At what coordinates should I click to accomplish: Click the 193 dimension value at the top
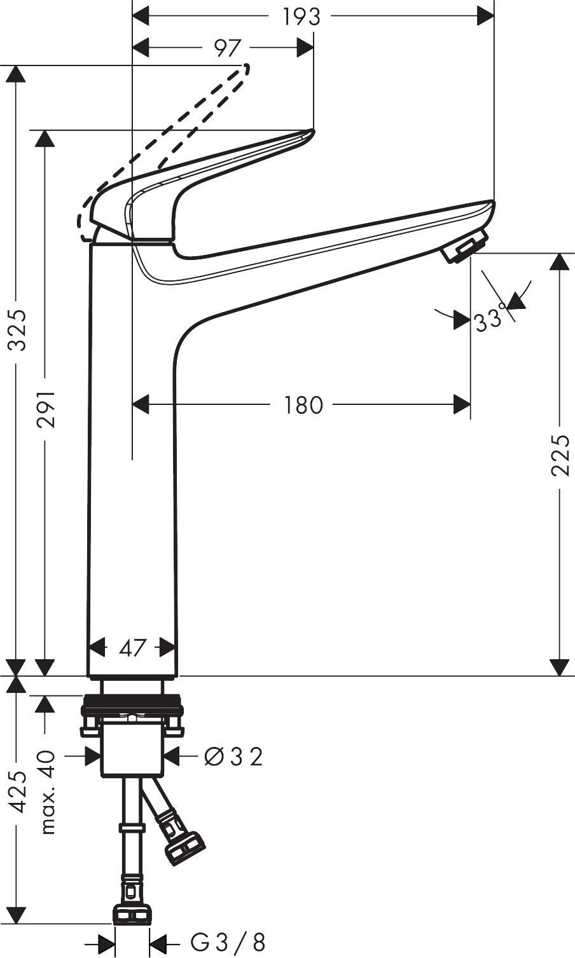tap(301, 17)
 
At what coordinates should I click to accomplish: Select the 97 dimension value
tap(227, 48)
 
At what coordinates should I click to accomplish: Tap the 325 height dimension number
tap(17, 330)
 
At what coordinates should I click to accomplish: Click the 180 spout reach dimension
tap(303, 405)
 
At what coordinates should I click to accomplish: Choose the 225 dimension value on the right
tap(560, 455)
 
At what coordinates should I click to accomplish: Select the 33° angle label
tap(490, 320)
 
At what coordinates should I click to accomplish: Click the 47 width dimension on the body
tap(133, 648)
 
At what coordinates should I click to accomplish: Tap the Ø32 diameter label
tap(233, 756)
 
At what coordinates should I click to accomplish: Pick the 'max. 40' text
tap(47, 792)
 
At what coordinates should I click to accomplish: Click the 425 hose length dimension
tap(18, 791)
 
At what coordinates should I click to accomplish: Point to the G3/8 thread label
tap(228, 942)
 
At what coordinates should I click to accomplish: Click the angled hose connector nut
tap(184, 844)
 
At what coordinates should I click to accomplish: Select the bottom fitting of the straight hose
tap(132, 915)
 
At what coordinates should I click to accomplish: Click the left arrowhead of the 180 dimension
tap(140, 404)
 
